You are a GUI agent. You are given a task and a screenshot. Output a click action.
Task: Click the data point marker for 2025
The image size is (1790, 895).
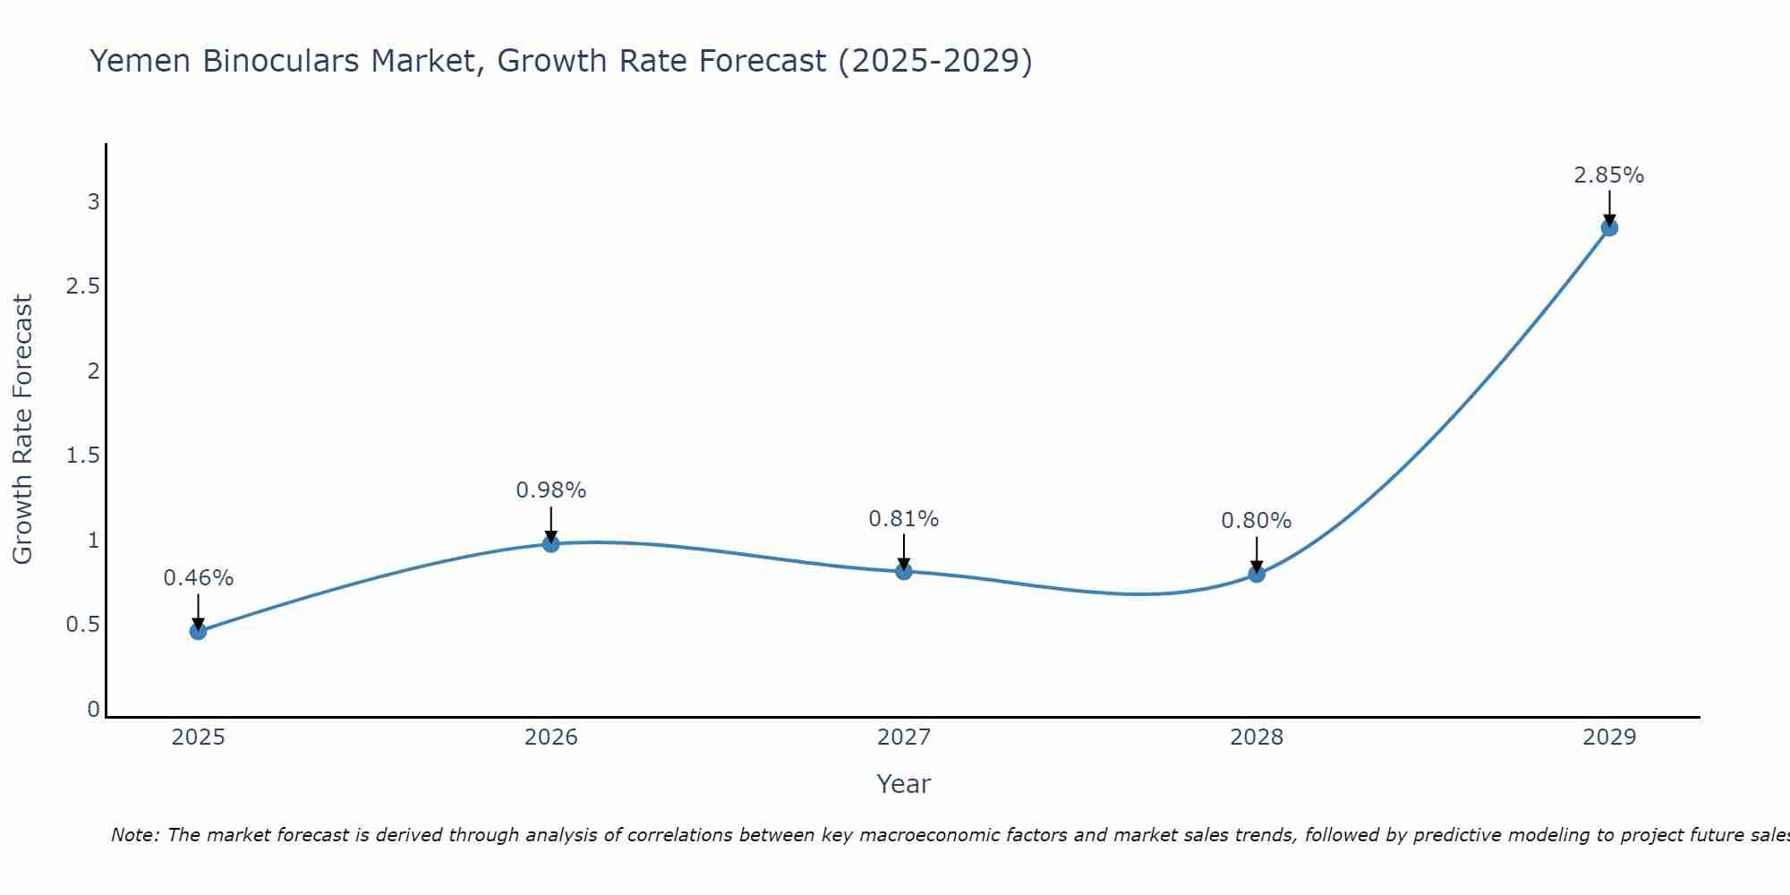pos(198,631)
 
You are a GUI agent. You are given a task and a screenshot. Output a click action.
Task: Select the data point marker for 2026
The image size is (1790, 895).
pos(550,543)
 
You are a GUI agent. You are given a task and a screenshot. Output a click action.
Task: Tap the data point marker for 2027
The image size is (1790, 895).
pos(904,571)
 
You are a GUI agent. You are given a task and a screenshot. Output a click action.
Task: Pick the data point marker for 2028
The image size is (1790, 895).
pos(1257,574)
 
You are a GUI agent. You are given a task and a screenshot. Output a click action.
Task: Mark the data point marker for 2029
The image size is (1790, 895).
pos(1609,227)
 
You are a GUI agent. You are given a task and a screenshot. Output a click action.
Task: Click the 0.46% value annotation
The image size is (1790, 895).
pos(198,578)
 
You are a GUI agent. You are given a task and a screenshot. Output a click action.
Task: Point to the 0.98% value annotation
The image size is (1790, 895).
pos(550,490)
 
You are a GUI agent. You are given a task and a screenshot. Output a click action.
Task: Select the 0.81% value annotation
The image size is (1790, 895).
pos(904,519)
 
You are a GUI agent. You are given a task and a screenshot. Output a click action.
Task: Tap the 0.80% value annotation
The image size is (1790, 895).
pos(1257,521)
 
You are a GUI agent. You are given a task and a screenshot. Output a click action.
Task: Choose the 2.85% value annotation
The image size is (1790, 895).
pos(1609,175)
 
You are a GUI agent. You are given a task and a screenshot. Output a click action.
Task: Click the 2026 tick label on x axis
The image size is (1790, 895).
pos(550,737)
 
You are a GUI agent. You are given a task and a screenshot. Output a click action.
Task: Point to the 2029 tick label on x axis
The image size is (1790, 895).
pos(1609,737)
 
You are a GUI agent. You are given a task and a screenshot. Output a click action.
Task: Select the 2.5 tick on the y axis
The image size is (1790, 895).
pos(82,286)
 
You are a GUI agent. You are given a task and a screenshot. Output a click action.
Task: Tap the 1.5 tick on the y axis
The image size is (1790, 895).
pos(82,456)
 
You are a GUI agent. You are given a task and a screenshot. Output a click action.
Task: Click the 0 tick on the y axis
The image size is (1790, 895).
pos(93,710)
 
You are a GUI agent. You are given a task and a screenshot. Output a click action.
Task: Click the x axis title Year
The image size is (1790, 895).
pos(904,784)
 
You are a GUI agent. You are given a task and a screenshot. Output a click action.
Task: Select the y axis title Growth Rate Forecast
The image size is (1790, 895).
pos(22,430)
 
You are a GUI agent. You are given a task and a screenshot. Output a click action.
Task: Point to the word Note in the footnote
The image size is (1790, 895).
pos(134,835)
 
